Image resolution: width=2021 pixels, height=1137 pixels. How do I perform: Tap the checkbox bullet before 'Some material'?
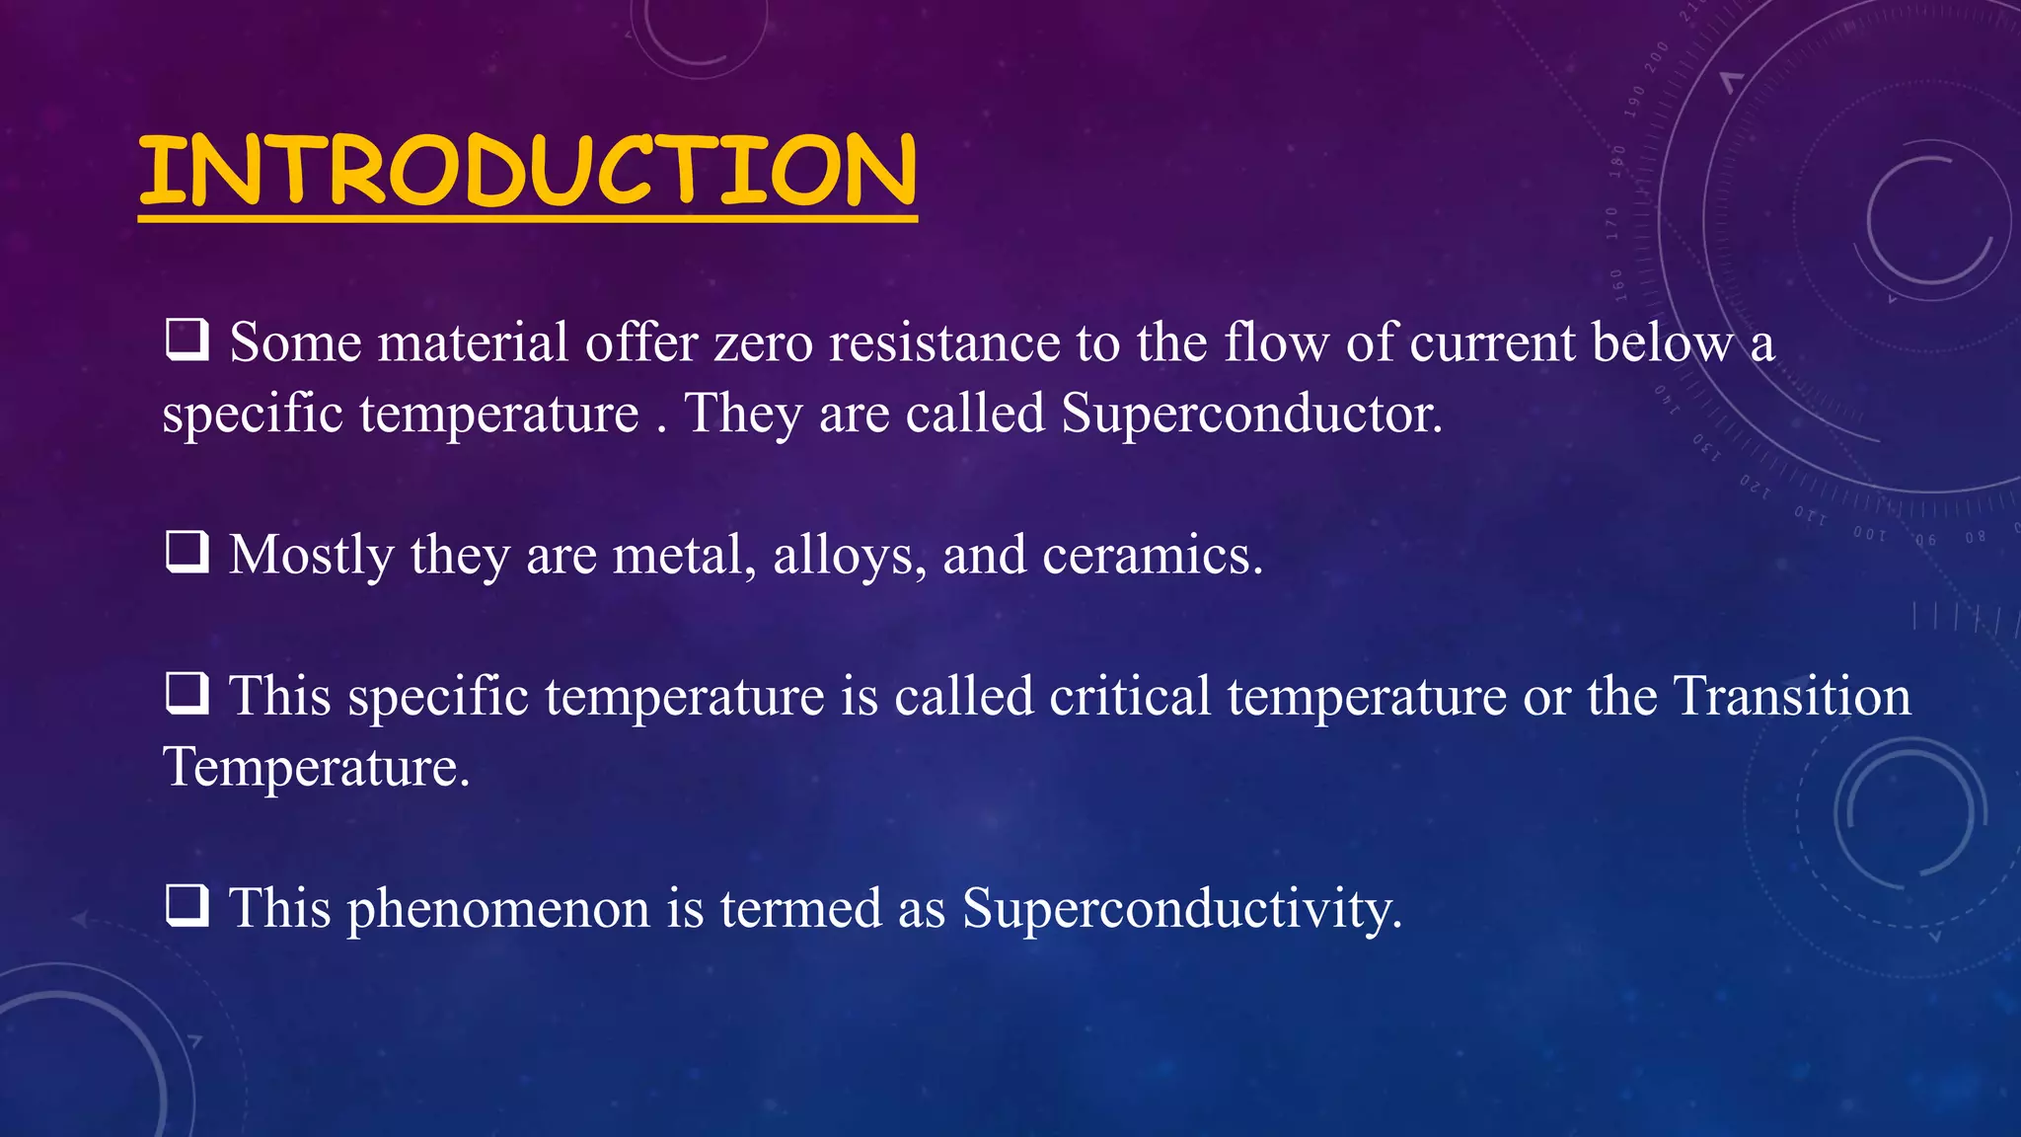click(x=187, y=340)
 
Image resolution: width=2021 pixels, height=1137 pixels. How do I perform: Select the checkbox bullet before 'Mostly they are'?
click(x=187, y=552)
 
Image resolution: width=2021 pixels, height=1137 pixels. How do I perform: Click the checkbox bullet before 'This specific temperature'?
click(x=187, y=693)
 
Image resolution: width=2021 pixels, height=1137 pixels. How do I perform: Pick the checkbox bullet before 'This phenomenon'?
click(x=187, y=905)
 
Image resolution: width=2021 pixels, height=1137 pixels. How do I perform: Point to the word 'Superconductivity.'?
click(x=1181, y=908)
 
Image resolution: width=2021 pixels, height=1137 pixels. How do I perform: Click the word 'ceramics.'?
click(x=1153, y=555)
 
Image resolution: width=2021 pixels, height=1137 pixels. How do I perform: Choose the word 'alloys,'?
click(x=850, y=555)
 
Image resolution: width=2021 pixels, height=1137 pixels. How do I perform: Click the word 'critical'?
click(x=1130, y=696)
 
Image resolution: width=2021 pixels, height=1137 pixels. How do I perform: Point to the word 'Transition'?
click(x=1793, y=696)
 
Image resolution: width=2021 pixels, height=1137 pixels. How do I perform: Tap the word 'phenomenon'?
click(x=498, y=908)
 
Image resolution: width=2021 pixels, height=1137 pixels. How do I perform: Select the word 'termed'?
click(x=800, y=908)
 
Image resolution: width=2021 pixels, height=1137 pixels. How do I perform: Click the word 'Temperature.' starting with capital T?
click(x=316, y=767)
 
